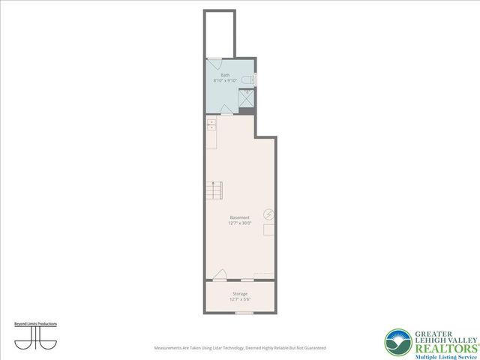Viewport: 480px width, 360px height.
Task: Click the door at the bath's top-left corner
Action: [213, 64]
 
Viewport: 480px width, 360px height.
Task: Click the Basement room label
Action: [239, 217]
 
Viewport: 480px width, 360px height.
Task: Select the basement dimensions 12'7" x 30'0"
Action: [239, 223]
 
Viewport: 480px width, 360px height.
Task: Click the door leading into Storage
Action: [218, 275]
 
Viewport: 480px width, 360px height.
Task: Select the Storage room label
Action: [239, 294]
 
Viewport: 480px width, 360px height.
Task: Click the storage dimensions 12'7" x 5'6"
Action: [239, 299]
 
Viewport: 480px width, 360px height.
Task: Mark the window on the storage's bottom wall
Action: [244, 313]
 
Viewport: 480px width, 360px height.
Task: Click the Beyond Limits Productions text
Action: [35, 323]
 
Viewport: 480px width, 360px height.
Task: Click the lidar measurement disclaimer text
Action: [239, 348]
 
